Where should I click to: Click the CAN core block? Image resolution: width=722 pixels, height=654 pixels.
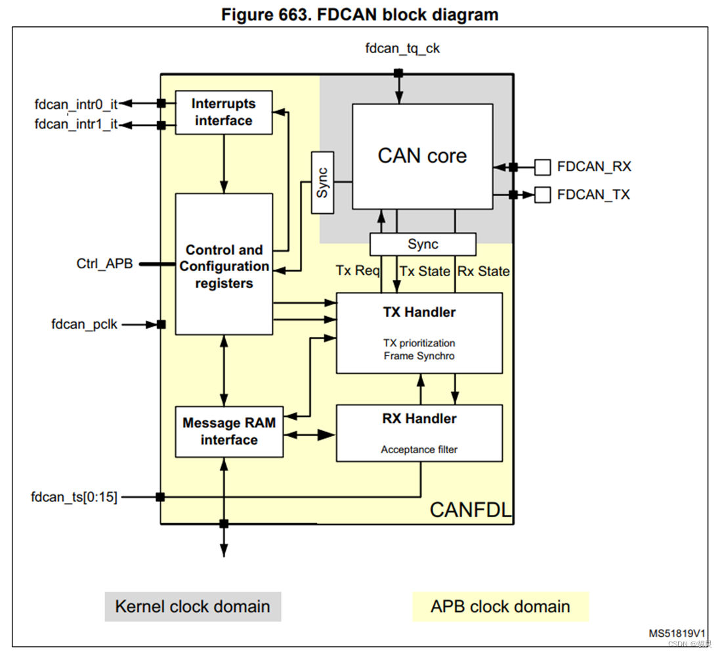coord(422,156)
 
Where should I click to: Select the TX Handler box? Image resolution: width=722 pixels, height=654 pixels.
coord(419,333)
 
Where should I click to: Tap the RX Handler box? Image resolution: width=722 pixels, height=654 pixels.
coord(419,433)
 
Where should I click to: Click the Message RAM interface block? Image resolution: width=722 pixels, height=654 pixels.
coord(228,432)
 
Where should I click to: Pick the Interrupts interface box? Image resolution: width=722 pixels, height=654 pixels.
coord(223,112)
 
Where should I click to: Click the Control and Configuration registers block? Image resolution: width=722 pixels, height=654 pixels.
coord(223,264)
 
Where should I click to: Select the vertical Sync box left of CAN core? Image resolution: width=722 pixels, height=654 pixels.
coord(322,183)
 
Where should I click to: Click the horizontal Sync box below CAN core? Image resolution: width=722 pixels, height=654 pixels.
coord(423,245)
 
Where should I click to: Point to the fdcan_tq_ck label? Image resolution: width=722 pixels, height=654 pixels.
coord(398,48)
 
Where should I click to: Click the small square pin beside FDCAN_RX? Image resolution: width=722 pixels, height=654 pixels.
coord(542,167)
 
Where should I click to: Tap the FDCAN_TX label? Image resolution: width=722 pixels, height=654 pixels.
coord(593,195)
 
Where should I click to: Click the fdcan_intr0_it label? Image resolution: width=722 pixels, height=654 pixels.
coord(75,104)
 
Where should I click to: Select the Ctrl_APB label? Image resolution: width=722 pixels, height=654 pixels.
coord(104,264)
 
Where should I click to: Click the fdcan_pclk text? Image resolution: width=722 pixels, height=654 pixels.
coord(84,324)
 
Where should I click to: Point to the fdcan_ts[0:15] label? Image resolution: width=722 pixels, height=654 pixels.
coord(74,497)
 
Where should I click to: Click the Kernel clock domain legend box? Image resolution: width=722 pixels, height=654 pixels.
coord(192,606)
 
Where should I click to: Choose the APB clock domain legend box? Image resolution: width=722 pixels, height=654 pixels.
coord(500,606)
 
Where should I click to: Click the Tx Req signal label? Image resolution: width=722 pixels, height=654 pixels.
coord(358,271)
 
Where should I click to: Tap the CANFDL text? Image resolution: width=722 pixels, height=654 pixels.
coord(470,510)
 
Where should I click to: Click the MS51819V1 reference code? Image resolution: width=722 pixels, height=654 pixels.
coord(677,633)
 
